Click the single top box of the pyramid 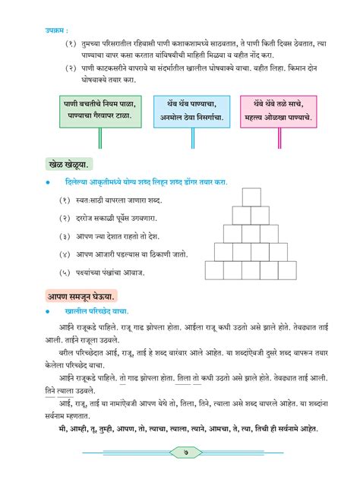tap(251, 197)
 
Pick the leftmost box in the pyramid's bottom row tap(214, 270)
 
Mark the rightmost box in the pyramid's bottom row tap(287, 270)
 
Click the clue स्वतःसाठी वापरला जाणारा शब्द tap(122, 200)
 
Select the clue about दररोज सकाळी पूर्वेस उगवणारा tap(122, 218)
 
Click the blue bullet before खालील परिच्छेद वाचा tap(48, 311)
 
